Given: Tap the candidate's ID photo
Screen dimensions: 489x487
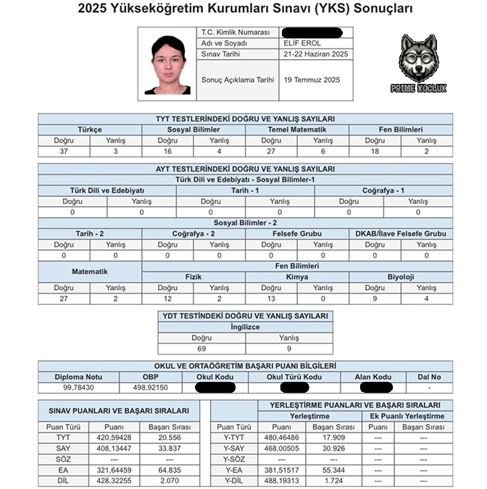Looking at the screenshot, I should pyautogui.click(x=167, y=65).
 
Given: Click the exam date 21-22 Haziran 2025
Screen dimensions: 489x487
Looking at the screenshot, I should pyautogui.click(x=316, y=54).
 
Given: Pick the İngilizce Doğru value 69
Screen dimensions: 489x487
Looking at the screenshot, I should pyautogui.click(x=202, y=348).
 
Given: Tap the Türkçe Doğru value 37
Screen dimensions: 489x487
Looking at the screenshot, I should pyautogui.click(x=64, y=151).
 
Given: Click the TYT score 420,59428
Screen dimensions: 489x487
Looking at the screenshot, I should pyautogui.click(x=111, y=438).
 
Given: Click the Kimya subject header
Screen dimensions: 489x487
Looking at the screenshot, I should pyautogui.click(x=297, y=277).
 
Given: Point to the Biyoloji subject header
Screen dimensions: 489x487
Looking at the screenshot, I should pyautogui.click(x=401, y=277).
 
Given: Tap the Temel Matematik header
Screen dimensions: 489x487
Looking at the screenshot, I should pyautogui.click(x=297, y=129).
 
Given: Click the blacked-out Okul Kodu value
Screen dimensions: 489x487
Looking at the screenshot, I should pyautogui.click(x=215, y=388).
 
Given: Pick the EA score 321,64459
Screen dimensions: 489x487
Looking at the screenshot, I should pyautogui.click(x=111, y=469).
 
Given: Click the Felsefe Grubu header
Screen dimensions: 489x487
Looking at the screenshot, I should pyautogui.click(x=297, y=234).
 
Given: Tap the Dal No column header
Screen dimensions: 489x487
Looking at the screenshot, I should pyautogui.click(x=433, y=377).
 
